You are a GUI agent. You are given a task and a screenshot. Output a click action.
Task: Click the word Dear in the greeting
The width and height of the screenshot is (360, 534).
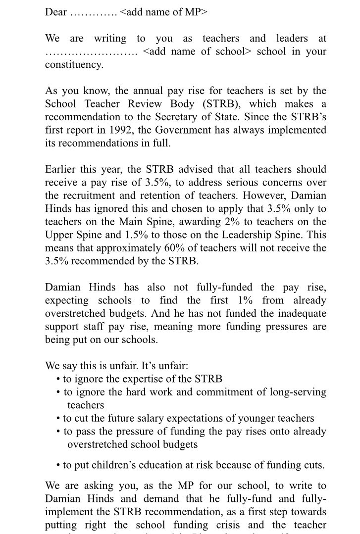(x=56, y=12)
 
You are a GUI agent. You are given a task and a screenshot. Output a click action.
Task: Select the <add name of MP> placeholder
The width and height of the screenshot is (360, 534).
(x=163, y=12)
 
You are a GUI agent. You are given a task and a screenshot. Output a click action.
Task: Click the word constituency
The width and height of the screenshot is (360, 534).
(x=74, y=65)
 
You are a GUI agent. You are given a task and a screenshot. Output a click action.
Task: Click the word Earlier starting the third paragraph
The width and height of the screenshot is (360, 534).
(x=62, y=169)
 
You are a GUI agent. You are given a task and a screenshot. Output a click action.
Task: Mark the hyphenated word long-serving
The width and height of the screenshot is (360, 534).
(x=294, y=392)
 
